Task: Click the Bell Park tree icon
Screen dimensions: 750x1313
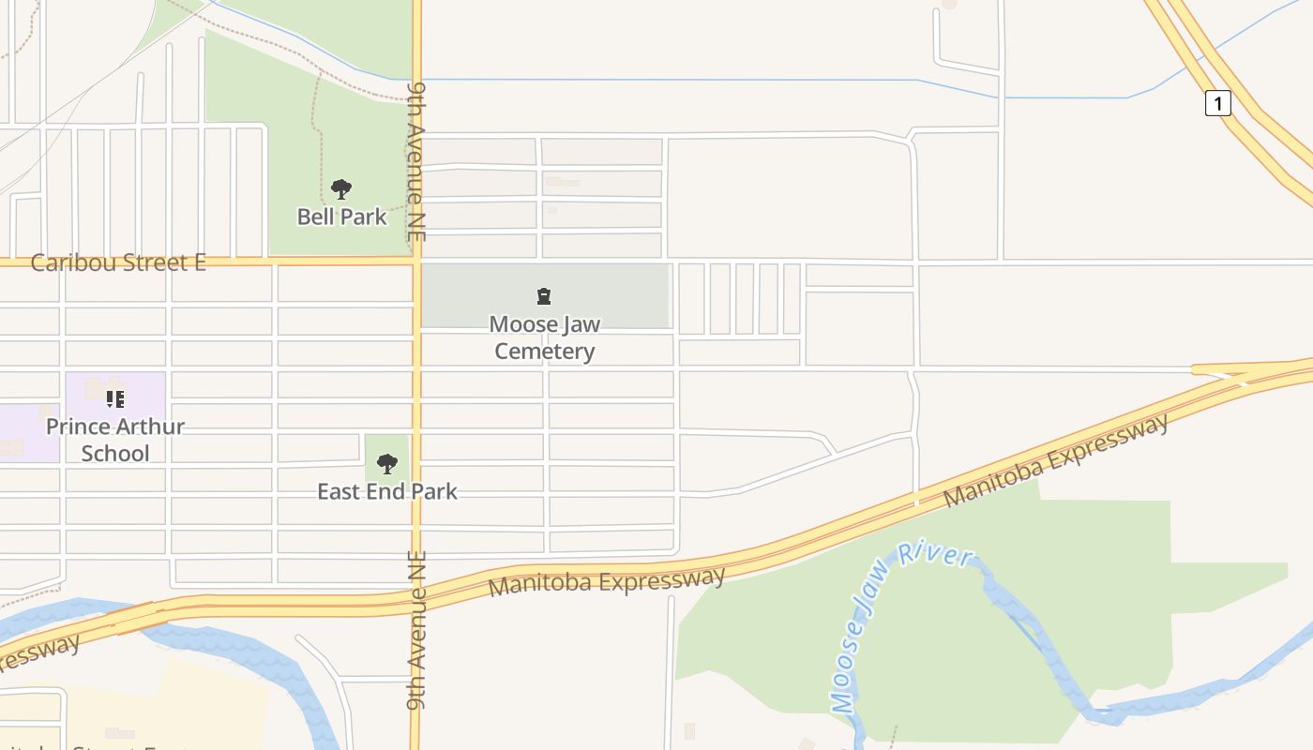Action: [341, 189]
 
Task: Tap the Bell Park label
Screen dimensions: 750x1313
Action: [341, 217]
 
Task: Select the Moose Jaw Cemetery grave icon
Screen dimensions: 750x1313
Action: [543, 297]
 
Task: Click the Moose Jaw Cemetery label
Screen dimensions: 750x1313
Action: [544, 337]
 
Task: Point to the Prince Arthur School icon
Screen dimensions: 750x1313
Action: [114, 399]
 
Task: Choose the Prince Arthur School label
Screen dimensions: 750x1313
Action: [115, 440]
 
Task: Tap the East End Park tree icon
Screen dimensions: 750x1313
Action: [386, 463]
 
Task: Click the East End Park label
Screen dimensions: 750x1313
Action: [386, 491]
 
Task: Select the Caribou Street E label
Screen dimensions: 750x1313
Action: [118, 262]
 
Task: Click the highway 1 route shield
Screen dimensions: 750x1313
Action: [1217, 103]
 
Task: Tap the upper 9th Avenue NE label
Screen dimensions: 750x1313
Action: [417, 161]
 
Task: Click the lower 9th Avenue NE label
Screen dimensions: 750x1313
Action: [417, 629]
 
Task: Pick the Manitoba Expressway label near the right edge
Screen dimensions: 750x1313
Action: [1057, 461]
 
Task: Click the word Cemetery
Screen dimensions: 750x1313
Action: [544, 352]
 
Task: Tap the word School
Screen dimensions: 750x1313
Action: [115, 454]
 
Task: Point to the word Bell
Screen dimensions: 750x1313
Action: [315, 217]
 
